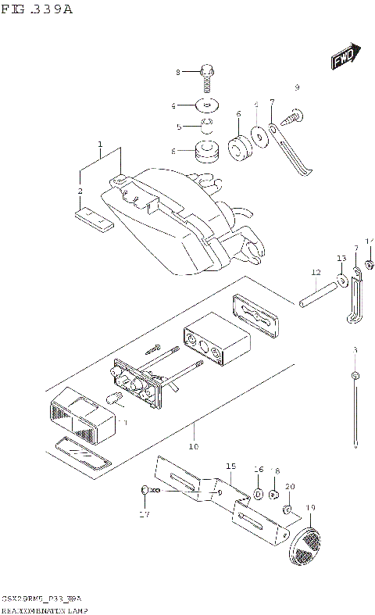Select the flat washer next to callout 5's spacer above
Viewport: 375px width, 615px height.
tap(207, 105)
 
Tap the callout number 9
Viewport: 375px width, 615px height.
tap(297, 86)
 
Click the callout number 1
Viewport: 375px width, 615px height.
tap(100, 145)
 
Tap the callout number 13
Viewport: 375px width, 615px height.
tap(341, 259)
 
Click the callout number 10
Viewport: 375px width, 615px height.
tap(193, 447)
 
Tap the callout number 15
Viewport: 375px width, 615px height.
tap(230, 467)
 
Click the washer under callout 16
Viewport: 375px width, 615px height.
tap(258, 494)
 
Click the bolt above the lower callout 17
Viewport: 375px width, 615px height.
tap(148, 490)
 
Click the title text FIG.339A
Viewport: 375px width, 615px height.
tap(36, 10)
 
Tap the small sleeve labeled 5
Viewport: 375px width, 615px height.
tap(206, 125)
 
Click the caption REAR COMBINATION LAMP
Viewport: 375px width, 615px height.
tap(43, 607)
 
